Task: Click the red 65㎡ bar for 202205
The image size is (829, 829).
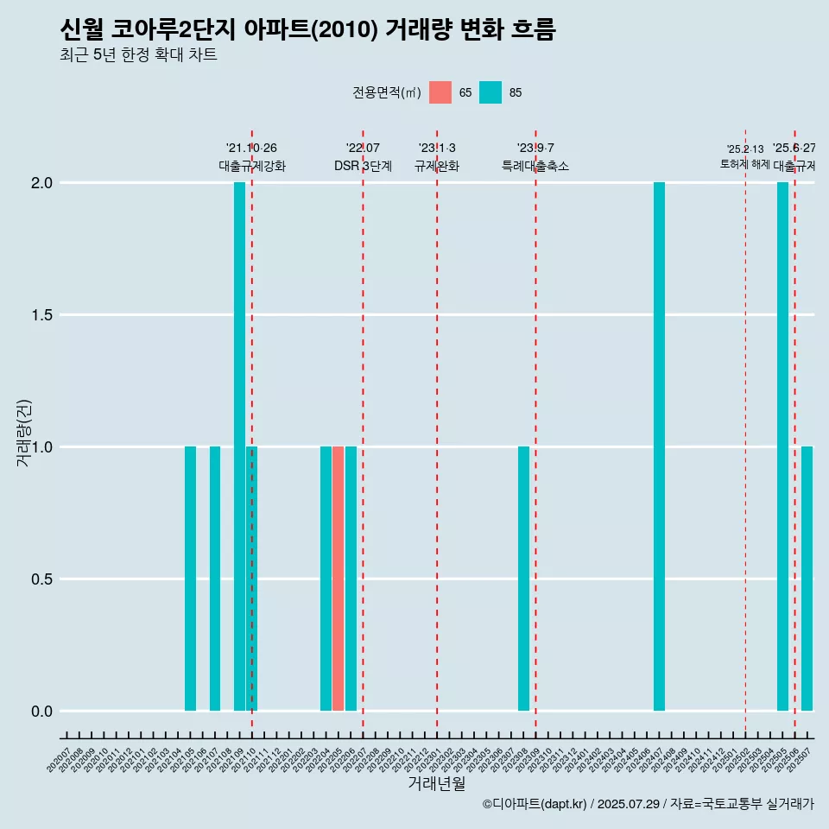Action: coord(339,579)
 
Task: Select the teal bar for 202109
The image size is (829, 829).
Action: coord(239,446)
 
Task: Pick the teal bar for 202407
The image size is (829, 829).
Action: coord(660,446)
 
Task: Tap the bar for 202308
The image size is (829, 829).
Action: coord(523,579)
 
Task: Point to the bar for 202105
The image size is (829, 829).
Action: coord(190,579)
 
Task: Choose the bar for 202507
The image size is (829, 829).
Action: coord(807,579)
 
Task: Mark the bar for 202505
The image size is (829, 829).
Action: coord(782,446)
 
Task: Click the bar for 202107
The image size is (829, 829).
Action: coord(215,579)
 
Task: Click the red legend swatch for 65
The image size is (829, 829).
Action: coord(440,92)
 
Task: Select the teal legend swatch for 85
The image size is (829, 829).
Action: coord(490,92)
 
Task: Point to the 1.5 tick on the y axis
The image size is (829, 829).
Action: coord(43,315)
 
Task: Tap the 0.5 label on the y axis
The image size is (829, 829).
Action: coord(43,579)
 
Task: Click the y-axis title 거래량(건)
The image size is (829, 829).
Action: coord(24,432)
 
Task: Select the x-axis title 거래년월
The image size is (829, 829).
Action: coord(436,784)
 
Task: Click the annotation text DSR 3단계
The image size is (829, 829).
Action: coord(363,166)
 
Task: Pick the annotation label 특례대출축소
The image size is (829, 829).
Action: coord(535,166)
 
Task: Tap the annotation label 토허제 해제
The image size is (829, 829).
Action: coord(745,164)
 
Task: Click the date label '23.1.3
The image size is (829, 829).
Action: coord(437,149)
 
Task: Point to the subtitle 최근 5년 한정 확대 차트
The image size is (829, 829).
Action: coord(138,56)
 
